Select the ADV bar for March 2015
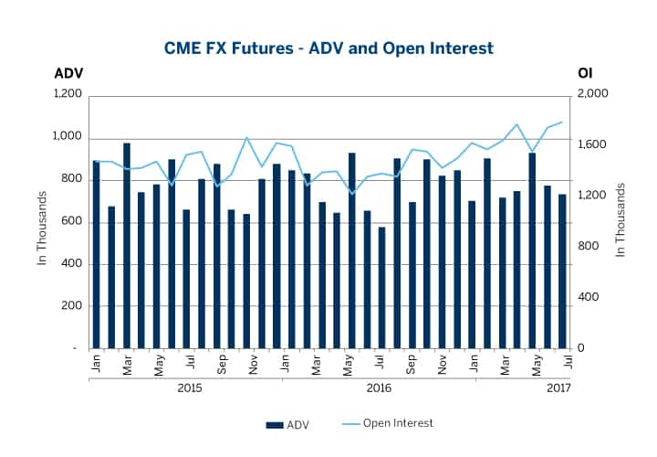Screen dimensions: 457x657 (x=126, y=246)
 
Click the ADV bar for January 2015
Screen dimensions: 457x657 (x=96, y=254)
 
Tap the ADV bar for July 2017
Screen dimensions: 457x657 (x=562, y=271)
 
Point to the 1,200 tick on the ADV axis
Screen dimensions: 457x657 (x=68, y=95)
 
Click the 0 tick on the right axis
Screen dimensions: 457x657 (x=580, y=349)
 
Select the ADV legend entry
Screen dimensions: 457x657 (x=288, y=424)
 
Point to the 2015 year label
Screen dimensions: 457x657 (x=190, y=388)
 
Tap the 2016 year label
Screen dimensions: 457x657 (x=380, y=388)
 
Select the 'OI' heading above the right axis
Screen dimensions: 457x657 (x=585, y=73)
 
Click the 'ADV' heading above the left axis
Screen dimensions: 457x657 (x=68, y=73)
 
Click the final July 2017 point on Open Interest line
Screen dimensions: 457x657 (x=562, y=122)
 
